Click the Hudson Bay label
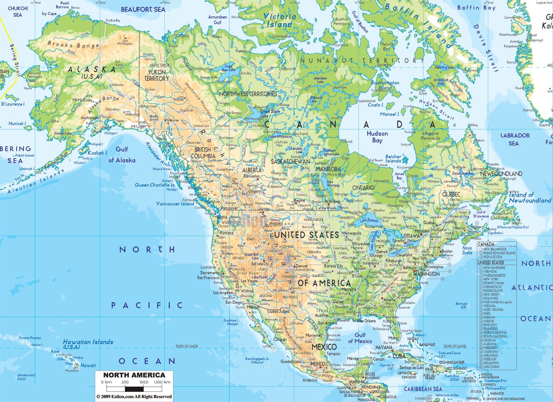coord(377,137)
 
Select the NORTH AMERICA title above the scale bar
coord(134,375)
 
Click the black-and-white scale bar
coord(134,388)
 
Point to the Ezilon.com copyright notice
coord(134,397)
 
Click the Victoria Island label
coord(280,20)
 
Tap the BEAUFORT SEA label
coord(143,9)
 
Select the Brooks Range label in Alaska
coord(73,45)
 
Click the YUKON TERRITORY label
coord(157,75)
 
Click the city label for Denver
coord(302,266)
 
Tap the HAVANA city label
coord(383,347)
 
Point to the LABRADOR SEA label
coord(515,139)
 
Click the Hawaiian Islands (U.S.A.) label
coord(88,344)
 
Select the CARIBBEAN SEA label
coord(423,389)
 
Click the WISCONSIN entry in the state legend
coord(492,366)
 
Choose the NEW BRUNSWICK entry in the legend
coord(495,249)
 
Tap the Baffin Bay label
coord(476,7)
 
